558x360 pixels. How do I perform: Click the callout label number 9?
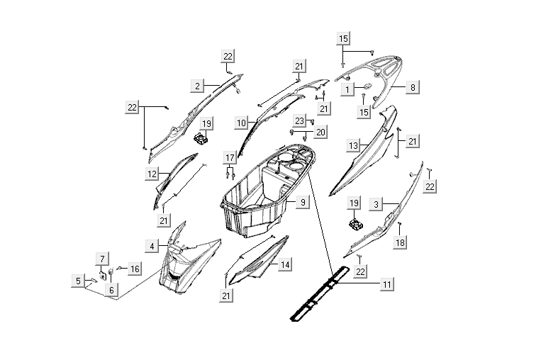tap(302, 203)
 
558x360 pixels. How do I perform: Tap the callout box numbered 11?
tap(386, 284)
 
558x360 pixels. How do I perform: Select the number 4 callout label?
tap(151, 246)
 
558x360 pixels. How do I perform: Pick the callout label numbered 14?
tap(284, 264)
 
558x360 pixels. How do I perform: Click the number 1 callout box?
tap(347, 89)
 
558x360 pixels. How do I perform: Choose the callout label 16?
tap(134, 269)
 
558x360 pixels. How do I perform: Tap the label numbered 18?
tap(401, 242)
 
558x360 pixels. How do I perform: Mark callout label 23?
tap(299, 120)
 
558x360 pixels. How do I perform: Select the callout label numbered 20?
tap(320, 132)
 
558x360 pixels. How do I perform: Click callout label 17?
tap(229, 157)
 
